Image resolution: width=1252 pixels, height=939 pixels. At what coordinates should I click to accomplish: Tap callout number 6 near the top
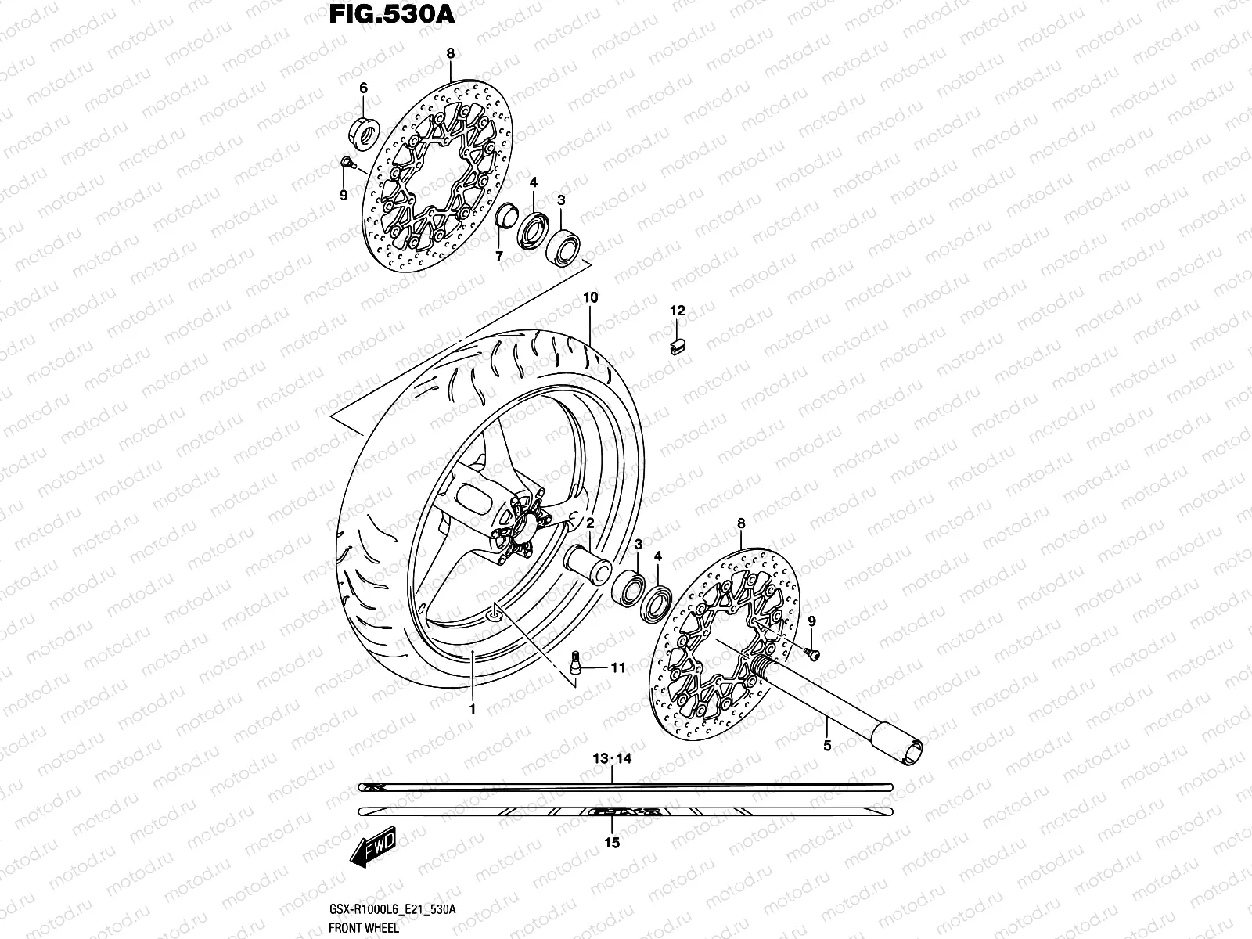point(362,88)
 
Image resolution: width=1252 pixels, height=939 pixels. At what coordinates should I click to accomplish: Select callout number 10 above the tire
point(590,298)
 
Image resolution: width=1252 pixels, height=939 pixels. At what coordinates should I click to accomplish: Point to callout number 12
point(677,311)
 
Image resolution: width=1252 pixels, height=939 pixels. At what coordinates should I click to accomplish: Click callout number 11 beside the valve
point(618,667)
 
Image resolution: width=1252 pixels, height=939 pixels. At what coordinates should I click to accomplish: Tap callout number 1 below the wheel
point(473,709)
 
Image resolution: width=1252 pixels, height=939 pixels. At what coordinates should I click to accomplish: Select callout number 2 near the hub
point(591,522)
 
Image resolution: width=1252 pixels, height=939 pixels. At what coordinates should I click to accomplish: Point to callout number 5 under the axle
point(827,746)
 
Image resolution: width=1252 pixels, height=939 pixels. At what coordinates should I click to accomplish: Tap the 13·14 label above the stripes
point(612,759)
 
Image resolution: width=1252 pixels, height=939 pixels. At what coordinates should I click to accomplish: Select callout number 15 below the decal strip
point(612,842)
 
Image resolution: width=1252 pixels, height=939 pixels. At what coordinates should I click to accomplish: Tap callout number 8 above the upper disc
point(451,53)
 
